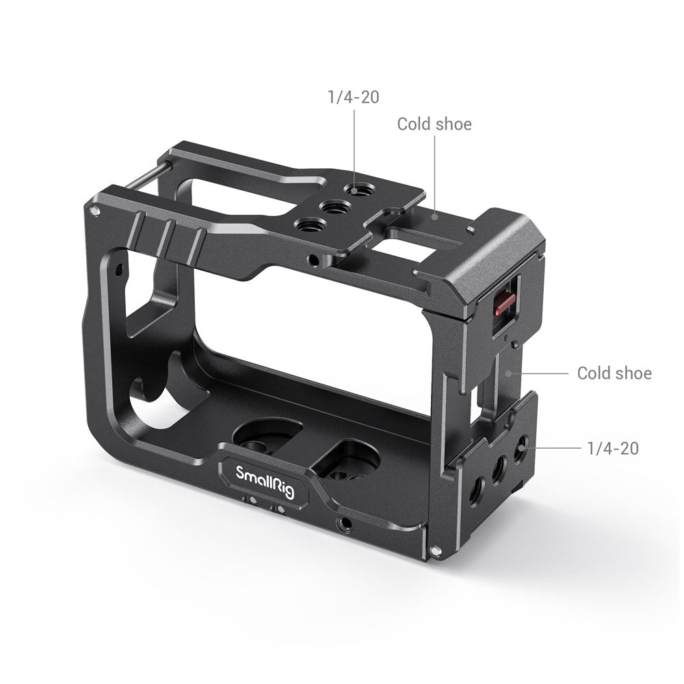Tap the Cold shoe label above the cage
(x=434, y=124)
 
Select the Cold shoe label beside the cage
(x=614, y=373)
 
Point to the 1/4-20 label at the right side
(x=612, y=449)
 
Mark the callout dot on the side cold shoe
(x=508, y=373)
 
